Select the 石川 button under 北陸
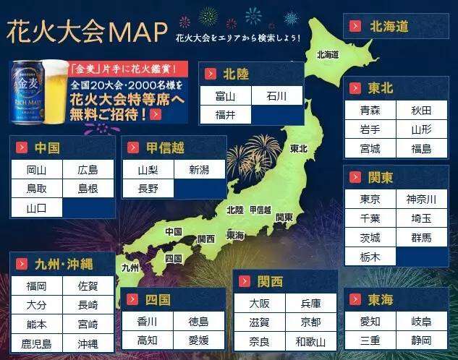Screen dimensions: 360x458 coord(276,96)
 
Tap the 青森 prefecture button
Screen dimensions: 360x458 coord(370,111)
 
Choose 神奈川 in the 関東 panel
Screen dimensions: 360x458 coord(421,199)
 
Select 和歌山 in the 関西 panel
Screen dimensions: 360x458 coord(310,341)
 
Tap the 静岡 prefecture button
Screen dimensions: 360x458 coord(421,340)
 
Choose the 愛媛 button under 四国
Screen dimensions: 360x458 coord(198,340)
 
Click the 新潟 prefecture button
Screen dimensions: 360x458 coord(198,170)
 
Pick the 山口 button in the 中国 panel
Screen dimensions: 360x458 coord(36,208)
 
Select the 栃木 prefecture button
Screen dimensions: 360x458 coord(370,256)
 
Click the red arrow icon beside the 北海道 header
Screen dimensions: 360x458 coord(355,27)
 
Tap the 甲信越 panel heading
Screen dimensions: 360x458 coord(165,147)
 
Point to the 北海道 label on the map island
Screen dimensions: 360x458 coord(327,54)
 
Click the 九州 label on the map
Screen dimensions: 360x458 coord(130,267)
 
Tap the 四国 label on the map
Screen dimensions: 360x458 coord(173,258)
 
